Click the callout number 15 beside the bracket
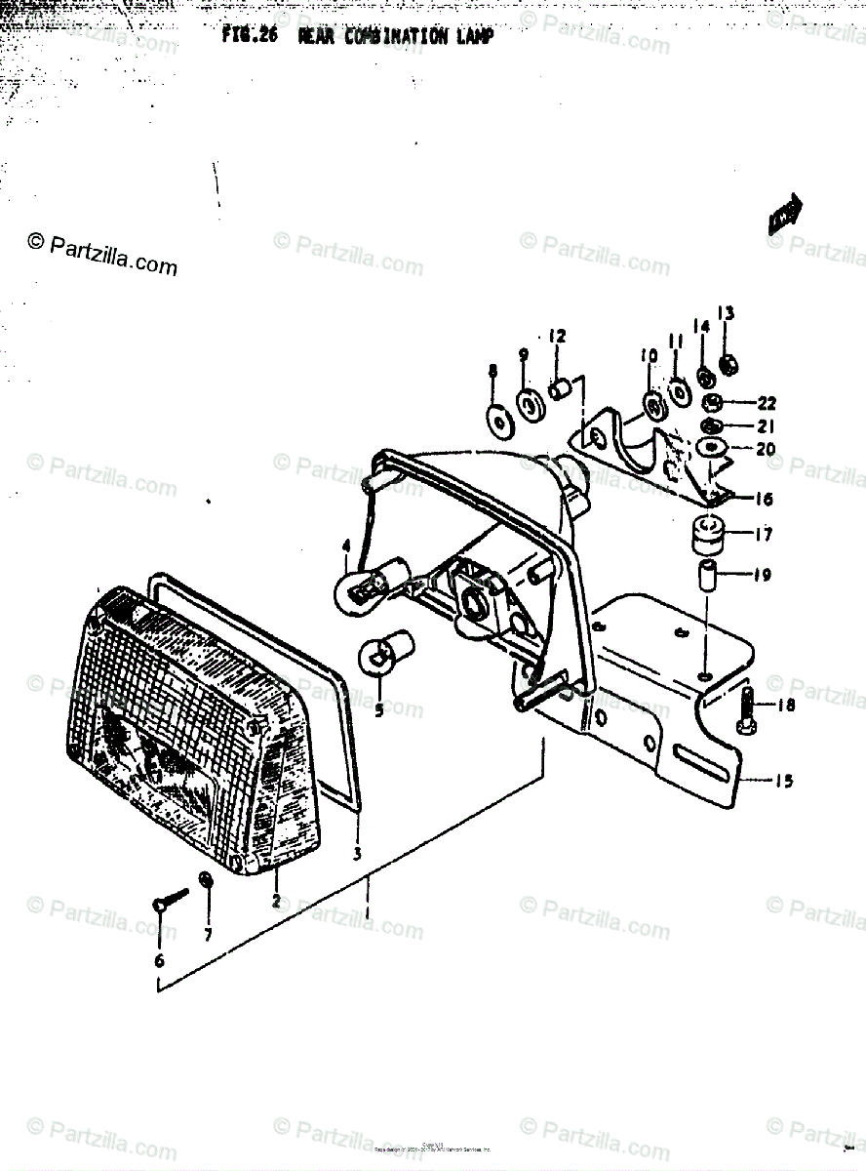[x=784, y=780]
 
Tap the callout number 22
[x=766, y=403]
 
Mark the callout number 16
[x=763, y=499]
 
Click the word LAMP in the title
[x=472, y=37]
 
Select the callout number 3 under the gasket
[x=357, y=854]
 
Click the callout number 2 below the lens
[x=276, y=901]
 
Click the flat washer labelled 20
[x=712, y=450]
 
